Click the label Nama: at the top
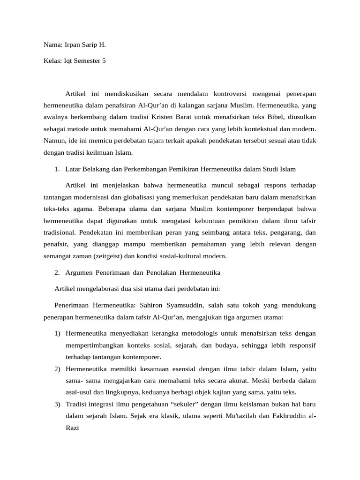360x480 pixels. pos(52,45)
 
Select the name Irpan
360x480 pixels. pos(74,45)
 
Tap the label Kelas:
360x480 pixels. pos(52,62)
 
